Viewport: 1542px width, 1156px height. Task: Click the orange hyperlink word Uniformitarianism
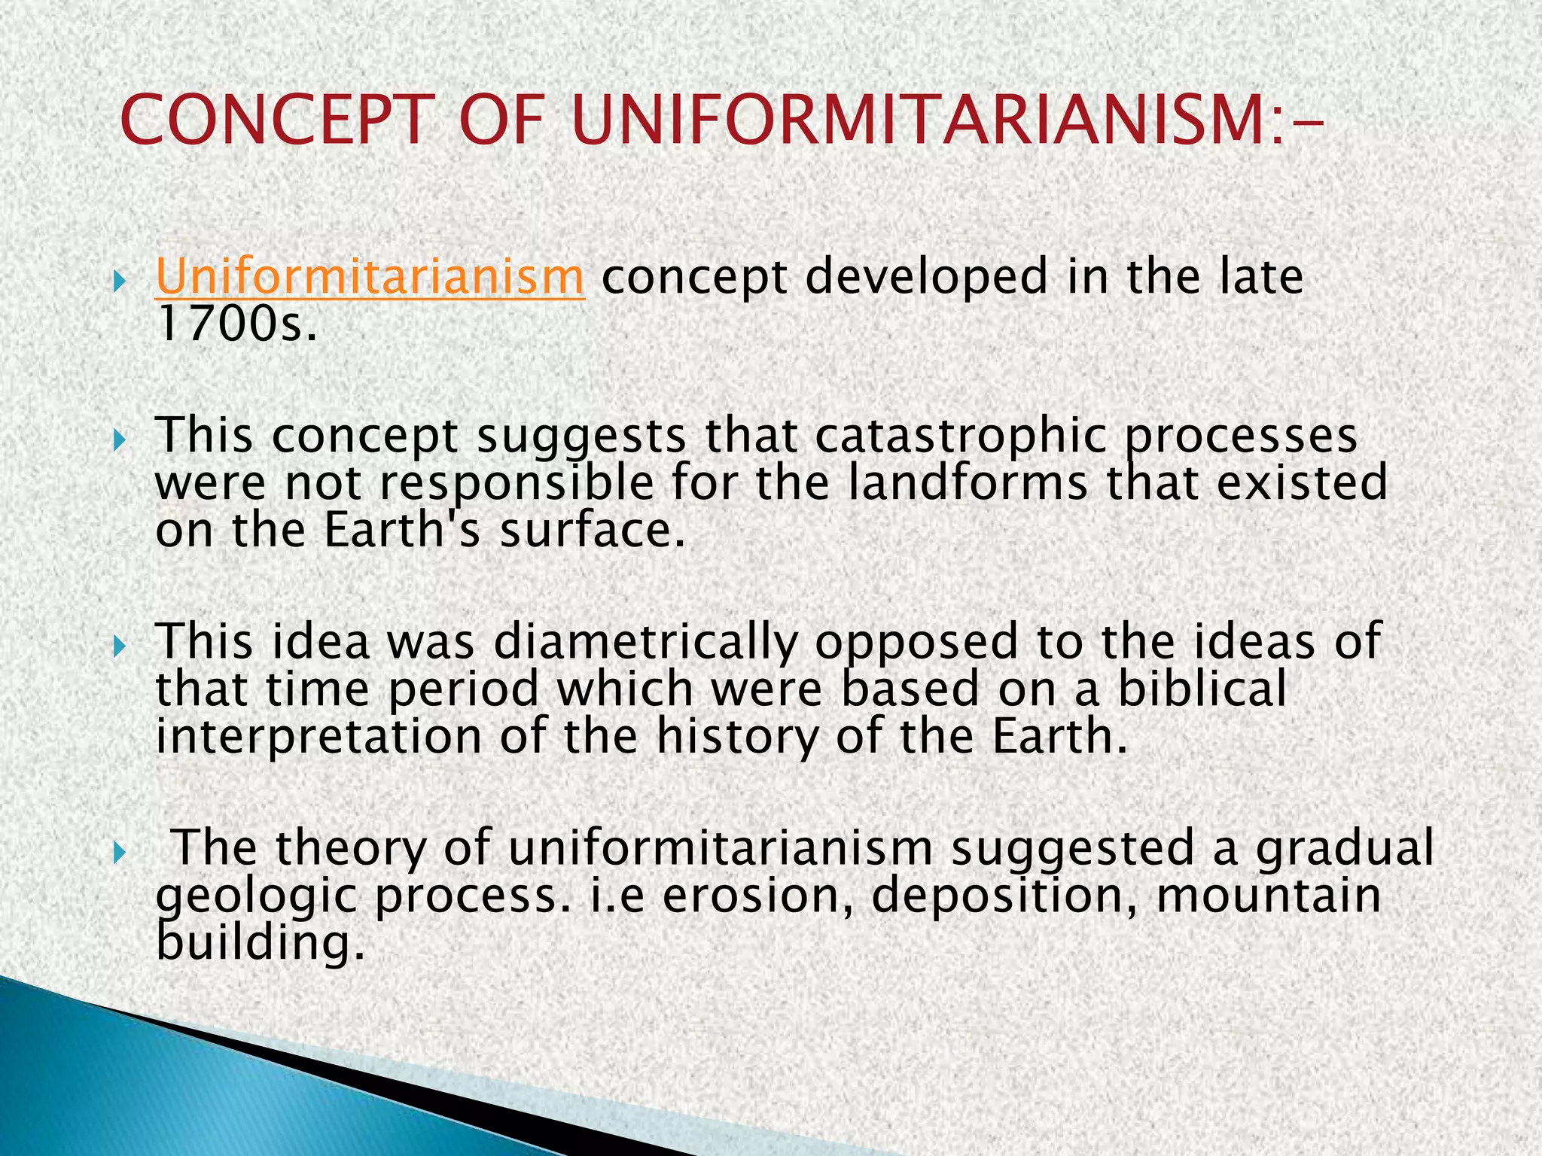pos(369,277)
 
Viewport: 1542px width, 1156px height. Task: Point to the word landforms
pos(968,484)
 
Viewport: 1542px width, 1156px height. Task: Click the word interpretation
pos(318,737)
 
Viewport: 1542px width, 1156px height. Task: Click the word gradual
pos(1344,848)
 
